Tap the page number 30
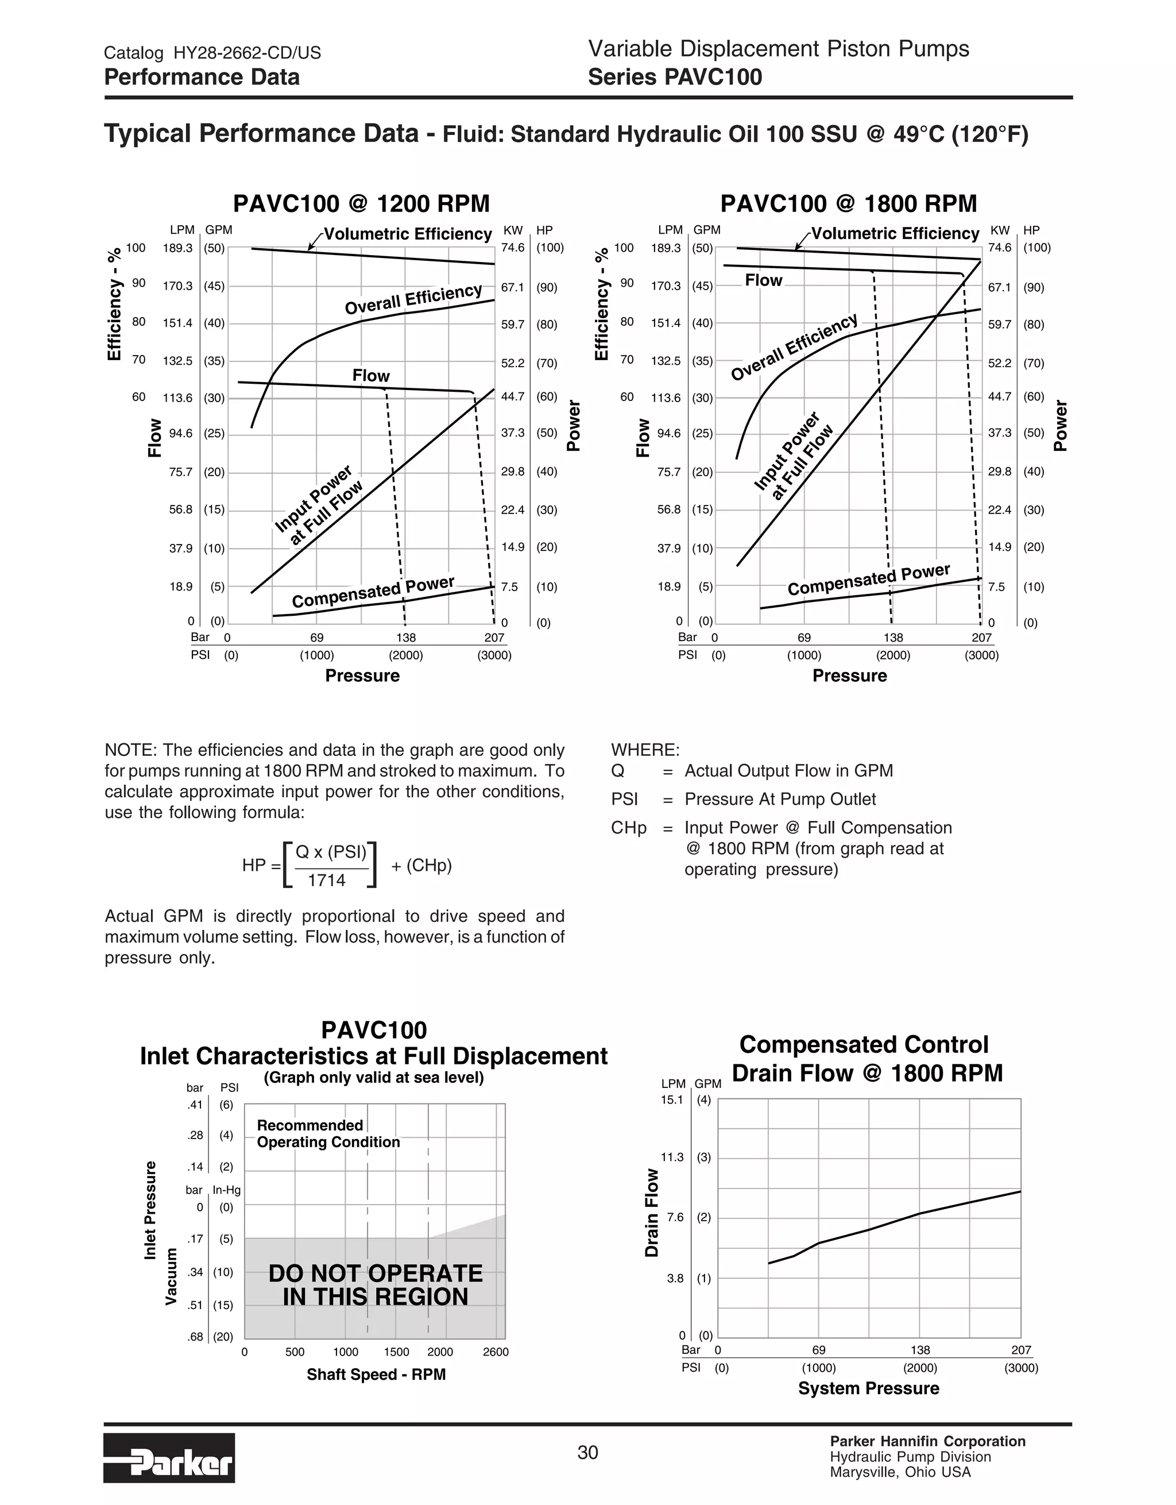(x=587, y=1453)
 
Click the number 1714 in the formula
(x=327, y=880)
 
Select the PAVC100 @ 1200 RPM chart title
(x=361, y=204)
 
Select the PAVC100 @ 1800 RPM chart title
(x=848, y=204)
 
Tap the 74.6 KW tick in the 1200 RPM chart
(x=513, y=248)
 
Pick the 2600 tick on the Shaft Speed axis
(x=496, y=1352)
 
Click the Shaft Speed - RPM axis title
(x=376, y=1375)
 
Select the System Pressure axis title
(x=868, y=1388)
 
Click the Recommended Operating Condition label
(x=327, y=1133)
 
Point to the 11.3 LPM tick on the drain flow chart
(x=672, y=1157)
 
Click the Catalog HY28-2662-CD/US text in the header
(x=212, y=53)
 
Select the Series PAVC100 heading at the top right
(x=675, y=77)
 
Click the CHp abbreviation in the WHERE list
(x=628, y=828)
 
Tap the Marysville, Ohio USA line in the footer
(x=900, y=1473)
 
